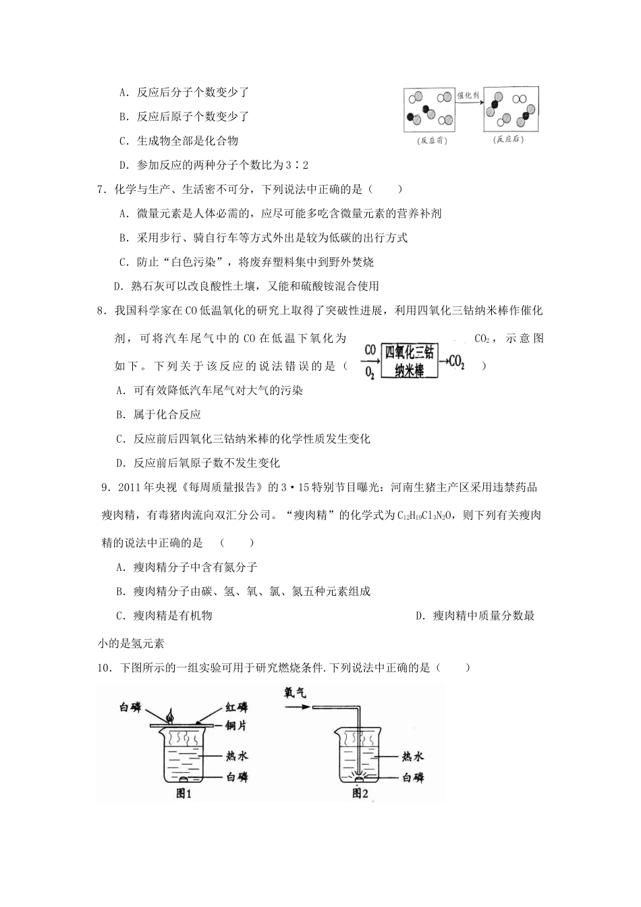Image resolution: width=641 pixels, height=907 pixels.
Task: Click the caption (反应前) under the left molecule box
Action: pyautogui.click(x=433, y=141)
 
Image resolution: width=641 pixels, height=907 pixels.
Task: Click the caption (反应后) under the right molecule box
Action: pyautogui.click(x=509, y=140)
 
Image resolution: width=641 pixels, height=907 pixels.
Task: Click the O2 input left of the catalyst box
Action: pyautogui.click(x=370, y=372)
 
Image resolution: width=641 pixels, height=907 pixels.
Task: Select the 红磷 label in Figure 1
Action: pyautogui.click(x=235, y=707)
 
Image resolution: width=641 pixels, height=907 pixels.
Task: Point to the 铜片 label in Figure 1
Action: pyautogui.click(x=237, y=724)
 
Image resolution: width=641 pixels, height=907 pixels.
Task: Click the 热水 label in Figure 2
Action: pyautogui.click(x=412, y=757)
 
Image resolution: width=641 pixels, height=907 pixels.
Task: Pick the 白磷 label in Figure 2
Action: pyautogui.click(x=412, y=777)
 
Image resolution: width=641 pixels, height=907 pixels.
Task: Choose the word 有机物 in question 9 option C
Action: pyautogui.click(x=195, y=615)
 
